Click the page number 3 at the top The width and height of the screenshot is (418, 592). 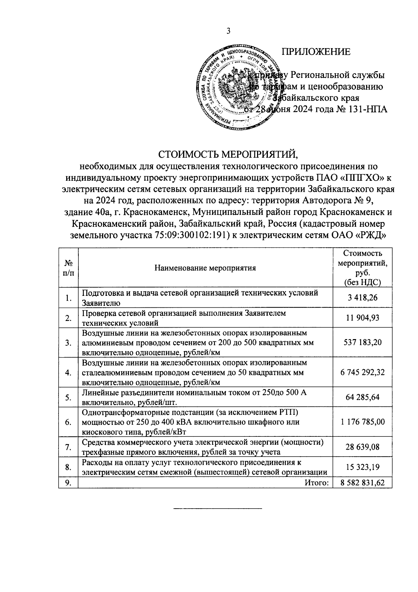pos(228,31)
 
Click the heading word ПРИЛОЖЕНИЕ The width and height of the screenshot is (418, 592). pos(316,52)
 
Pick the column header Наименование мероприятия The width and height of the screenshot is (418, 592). pos(206,268)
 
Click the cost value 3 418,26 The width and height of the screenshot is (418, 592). pos(362,298)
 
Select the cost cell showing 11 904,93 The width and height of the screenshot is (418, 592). pos(362,318)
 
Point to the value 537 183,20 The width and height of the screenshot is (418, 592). pos(362,343)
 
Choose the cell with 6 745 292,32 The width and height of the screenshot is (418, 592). pos(362,373)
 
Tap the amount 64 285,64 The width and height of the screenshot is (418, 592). pos(362,397)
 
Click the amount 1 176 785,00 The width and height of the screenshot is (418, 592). pos(362,422)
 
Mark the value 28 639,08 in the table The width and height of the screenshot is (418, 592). pos(362,447)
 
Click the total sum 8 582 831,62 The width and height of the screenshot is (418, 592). pos(362,483)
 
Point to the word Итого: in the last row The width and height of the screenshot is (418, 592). pos(317,483)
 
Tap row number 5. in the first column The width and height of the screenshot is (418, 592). pos(68,398)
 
